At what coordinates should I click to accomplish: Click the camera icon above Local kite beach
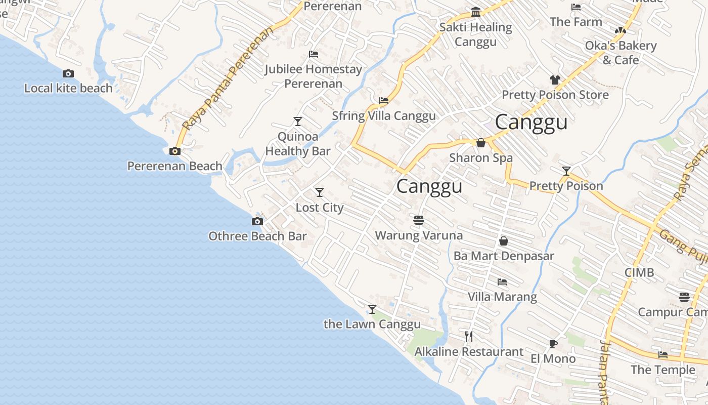click(68, 74)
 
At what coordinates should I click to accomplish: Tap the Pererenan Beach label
click(174, 166)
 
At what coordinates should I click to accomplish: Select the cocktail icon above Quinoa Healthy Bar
click(298, 121)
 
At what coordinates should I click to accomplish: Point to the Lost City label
click(319, 208)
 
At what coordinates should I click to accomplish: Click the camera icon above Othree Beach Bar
click(257, 221)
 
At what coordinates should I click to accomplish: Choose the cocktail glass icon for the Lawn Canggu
click(372, 309)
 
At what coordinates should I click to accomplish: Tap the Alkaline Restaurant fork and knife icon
click(469, 337)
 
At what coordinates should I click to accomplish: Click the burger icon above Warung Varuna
click(418, 220)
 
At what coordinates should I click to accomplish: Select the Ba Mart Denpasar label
click(503, 256)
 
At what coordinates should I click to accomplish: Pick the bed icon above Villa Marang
click(502, 282)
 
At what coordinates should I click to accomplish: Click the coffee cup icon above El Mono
click(553, 344)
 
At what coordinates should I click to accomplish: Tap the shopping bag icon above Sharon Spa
click(481, 143)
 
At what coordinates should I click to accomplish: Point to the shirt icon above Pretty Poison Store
click(555, 80)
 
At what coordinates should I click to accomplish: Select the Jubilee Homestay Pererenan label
click(314, 76)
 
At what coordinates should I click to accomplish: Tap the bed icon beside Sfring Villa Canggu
click(384, 101)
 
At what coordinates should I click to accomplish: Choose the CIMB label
click(639, 272)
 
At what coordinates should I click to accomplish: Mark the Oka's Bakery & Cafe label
click(621, 53)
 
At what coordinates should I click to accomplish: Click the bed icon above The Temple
click(663, 355)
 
